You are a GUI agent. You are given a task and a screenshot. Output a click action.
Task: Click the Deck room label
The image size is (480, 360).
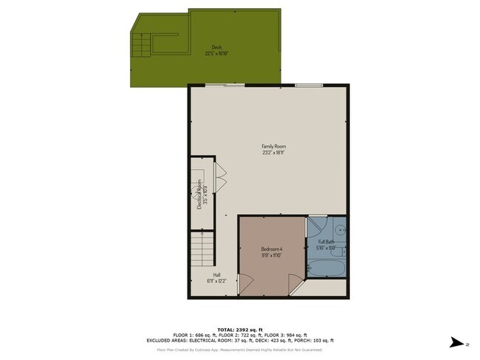point(216,47)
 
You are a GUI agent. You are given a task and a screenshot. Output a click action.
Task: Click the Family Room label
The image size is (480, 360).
point(273,146)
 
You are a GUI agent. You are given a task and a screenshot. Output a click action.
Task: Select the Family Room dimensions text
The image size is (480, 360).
point(273,153)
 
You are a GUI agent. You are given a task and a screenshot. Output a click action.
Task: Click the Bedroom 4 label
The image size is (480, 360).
point(272,249)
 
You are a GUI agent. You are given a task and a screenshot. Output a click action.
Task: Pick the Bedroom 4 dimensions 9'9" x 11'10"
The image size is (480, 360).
point(272,256)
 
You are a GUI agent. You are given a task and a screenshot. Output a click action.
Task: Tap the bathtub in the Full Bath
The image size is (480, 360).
point(326,269)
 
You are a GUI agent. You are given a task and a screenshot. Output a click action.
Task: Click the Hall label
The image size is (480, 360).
point(217,274)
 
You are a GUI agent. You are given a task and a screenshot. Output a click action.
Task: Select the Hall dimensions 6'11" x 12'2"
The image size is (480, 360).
point(217,281)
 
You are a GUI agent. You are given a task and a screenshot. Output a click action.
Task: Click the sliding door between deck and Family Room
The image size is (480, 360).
point(226,86)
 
